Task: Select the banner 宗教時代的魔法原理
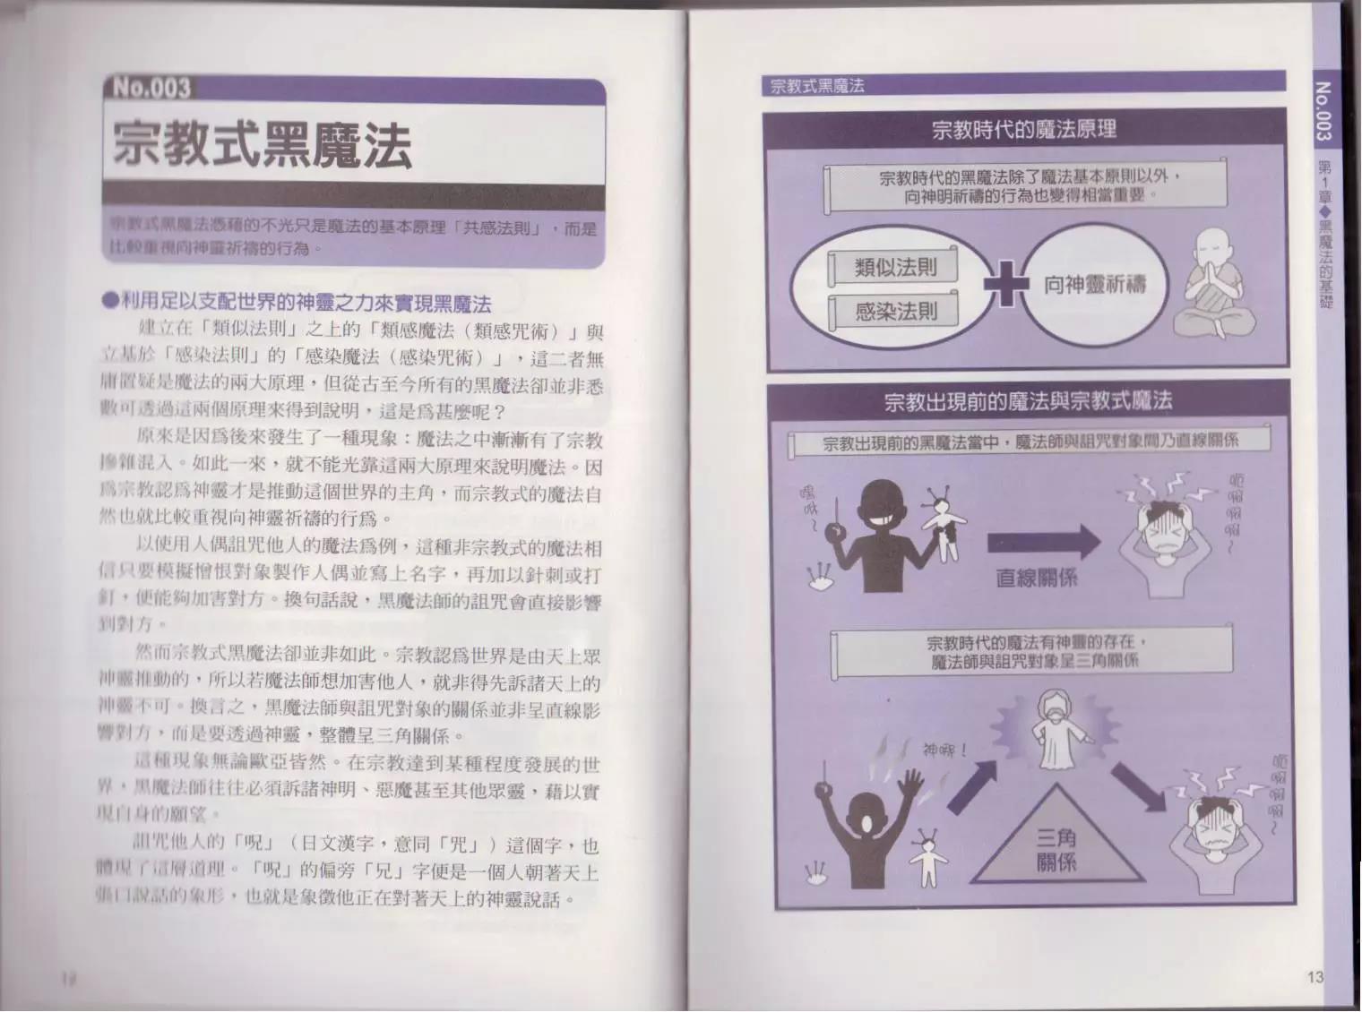[1023, 130]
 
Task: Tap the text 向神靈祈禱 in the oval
[1094, 286]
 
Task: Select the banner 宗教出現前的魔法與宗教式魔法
[1027, 400]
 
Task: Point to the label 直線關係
[1037, 577]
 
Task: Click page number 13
[1315, 976]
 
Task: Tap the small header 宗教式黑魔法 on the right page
[817, 87]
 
